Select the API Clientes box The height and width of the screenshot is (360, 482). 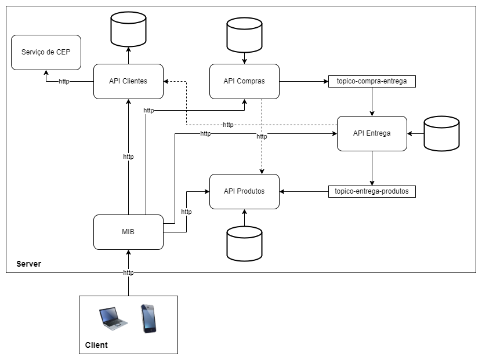click(128, 81)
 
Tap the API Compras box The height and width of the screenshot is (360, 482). click(244, 81)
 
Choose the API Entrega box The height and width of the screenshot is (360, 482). click(372, 133)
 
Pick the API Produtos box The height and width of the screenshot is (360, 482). click(244, 191)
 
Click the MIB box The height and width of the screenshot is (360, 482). click(128, 232)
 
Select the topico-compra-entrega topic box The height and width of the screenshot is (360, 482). click(372, 81)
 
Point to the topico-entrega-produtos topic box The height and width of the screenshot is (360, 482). click(372, 191)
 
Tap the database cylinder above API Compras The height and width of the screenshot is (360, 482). click(244, 35)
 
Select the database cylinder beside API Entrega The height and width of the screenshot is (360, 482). click(441, 133)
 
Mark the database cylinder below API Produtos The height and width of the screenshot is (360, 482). click(244, 243)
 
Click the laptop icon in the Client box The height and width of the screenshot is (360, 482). click(113, 318)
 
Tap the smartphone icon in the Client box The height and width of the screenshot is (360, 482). click(148, 318)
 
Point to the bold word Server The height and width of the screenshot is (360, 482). click(28, 264)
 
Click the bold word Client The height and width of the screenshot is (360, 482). click(96, 345)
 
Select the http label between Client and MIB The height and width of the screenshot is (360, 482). click(128, 272)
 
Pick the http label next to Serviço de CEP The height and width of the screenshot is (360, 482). click(64, 81)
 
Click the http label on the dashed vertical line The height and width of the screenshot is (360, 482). click(262, 136)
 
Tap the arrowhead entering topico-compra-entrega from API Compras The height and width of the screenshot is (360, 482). click(325, 81)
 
